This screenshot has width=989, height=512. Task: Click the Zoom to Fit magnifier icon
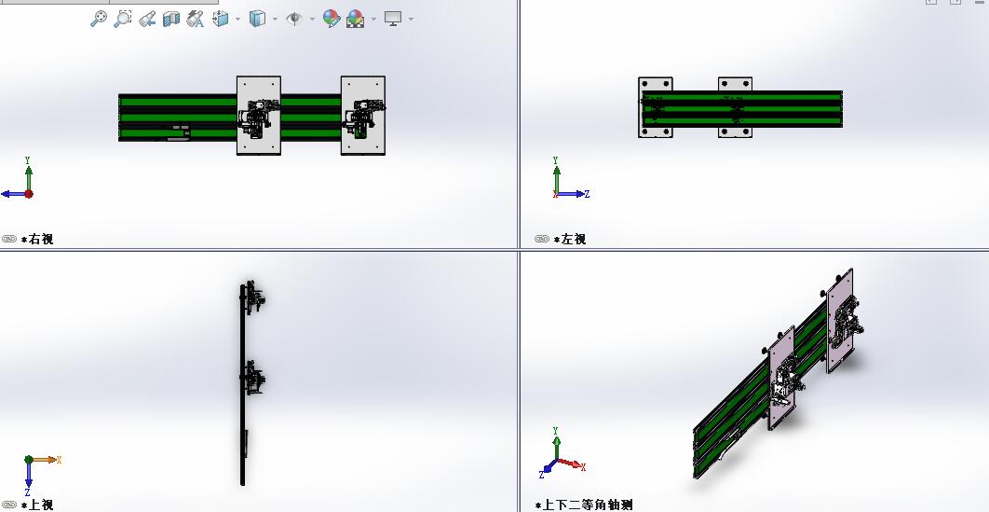(99, 19)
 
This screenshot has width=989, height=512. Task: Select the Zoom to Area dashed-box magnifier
(122, 19)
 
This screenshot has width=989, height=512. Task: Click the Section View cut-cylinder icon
(171, 20)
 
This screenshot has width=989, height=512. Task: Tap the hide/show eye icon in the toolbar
(294, 19)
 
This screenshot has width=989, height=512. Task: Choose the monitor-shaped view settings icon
(393, 19)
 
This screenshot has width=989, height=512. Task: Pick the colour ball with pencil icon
(332, 19)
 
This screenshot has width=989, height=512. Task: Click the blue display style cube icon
(257, 19)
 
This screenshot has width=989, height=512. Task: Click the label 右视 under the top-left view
(40, 240)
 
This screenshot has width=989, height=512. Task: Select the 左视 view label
(574, 240)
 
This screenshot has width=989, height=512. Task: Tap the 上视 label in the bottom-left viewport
(40, 505)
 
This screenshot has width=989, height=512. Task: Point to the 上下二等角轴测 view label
(588, 505)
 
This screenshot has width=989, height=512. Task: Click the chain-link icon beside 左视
(542, 239)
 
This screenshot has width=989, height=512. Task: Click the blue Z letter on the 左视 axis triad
(587, 194)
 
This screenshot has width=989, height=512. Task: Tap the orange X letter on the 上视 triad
(59, 460)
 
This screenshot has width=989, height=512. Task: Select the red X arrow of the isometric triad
(572, 464)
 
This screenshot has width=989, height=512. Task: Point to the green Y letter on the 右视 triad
(28, 161)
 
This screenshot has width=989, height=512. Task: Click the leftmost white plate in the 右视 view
(259, 116)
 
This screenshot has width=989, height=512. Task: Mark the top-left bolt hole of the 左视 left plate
(644, 84)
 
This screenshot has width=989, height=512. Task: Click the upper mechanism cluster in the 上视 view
(254, 298)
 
